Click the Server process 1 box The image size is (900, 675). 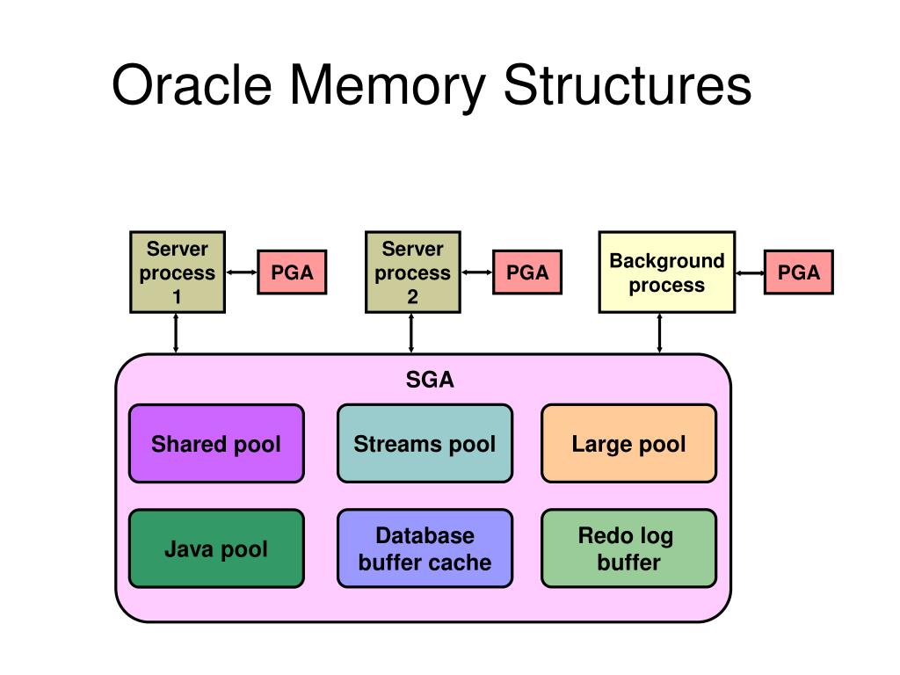pos(178,272)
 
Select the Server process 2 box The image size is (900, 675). pos(413,272)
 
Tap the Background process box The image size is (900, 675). pos(667,272)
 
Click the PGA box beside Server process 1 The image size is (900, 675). pos(292,272)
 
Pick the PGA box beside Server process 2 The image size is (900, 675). pos(527,272)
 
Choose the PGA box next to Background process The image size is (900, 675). pos(798,272)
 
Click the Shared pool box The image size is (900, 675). pos(216,444)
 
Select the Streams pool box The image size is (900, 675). pos(425,444)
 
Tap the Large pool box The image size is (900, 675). pos(629,444)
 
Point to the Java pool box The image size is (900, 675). pos(216,548)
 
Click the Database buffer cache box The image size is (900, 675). pos(425,548)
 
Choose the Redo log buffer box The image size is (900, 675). pos(629,548)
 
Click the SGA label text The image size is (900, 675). pos(430,380)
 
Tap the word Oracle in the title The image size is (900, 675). pos(192,85)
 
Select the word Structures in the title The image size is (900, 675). pos(628,85)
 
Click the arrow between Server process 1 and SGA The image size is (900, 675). pos(176,333)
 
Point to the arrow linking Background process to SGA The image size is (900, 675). pos(659,333)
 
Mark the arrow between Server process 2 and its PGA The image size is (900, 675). pos(476,272)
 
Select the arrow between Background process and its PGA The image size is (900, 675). pos(750,272)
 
